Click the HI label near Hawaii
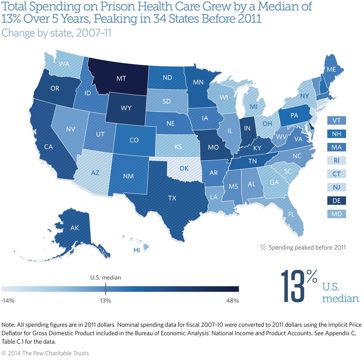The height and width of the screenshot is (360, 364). click(136, 251)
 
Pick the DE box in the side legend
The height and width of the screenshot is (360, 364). click(336, 200)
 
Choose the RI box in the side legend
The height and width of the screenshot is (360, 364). click(336, 160)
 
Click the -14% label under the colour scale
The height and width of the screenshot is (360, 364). click(8, 301)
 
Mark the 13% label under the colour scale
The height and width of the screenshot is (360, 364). click(106, 301)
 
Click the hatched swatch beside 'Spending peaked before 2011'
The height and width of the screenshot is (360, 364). click(263, 248)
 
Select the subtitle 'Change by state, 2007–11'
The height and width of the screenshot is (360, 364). click(56, 32)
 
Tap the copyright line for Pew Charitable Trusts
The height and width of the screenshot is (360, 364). click(45, 353)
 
